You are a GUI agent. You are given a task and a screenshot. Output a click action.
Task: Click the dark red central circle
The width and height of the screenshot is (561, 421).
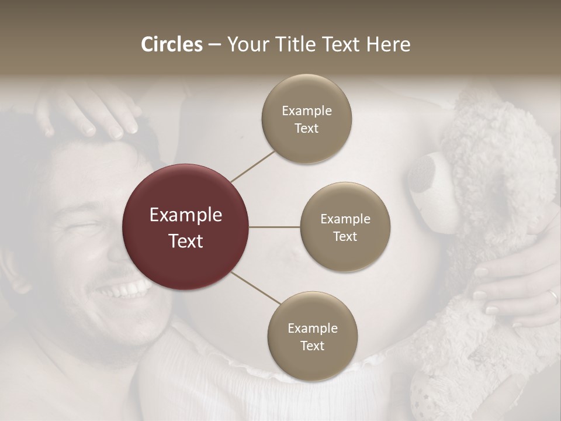186,227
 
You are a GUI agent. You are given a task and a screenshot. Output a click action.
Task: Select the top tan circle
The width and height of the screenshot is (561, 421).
306,119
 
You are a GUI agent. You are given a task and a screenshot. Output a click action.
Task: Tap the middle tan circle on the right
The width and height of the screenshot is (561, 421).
345,227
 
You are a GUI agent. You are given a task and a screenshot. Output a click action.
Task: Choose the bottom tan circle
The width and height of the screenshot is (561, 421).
312,336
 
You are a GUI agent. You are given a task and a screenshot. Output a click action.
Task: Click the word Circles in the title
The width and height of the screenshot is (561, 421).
171,44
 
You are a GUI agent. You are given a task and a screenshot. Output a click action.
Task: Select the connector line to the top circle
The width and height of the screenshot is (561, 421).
252,165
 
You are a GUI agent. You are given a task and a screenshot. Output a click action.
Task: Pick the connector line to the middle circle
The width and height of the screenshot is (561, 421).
275,227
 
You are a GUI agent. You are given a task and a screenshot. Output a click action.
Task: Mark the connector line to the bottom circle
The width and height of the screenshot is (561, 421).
255,288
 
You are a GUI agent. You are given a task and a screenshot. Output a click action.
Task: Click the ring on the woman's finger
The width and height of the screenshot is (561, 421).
553,297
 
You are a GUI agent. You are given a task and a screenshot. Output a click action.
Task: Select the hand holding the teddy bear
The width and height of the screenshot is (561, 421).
514,292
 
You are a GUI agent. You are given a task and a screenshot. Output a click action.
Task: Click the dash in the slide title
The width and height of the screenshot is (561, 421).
214,45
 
